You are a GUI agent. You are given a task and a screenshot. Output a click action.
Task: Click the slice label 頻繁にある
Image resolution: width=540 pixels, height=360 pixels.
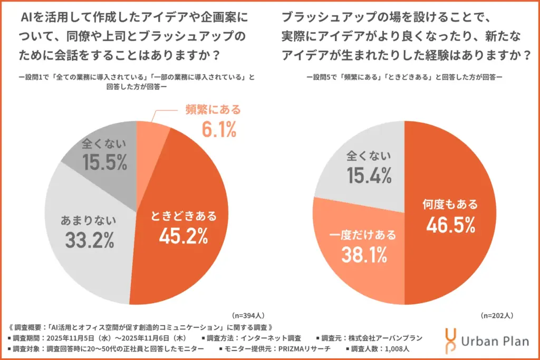point(212,110)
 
